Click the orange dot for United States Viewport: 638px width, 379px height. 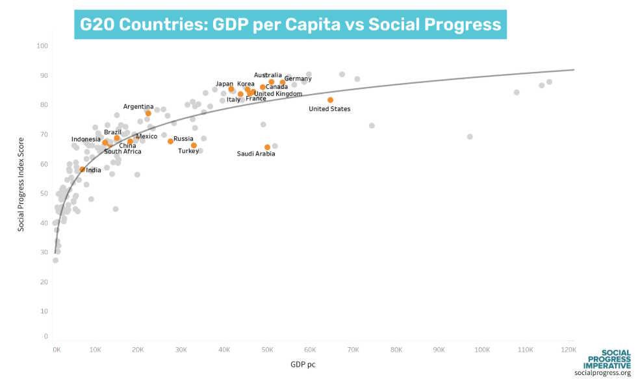coord(330,100)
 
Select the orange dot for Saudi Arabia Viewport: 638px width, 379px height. coord(267,147)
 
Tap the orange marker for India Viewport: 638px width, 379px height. coord(83,169)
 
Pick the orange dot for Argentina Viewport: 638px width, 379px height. coord(148,113)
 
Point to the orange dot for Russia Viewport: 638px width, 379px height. coord(170,141)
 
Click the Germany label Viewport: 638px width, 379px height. coord(298,79)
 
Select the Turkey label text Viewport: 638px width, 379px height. coord(188,151)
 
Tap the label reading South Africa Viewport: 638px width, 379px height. coord(123,152)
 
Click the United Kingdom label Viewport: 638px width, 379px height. coord(278,94)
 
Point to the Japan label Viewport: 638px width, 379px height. coord(224,84)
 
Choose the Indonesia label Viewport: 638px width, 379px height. coord(86,140)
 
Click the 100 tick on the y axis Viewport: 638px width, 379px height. coord(43,46)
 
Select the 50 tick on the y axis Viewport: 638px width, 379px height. coord(44,194)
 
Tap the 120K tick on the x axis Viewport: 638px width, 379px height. coord(567,350)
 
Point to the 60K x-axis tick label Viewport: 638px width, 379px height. coord(311,350)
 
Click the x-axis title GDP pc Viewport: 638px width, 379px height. coord(303,365)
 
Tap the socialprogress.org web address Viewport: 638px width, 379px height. coord(602,373)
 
